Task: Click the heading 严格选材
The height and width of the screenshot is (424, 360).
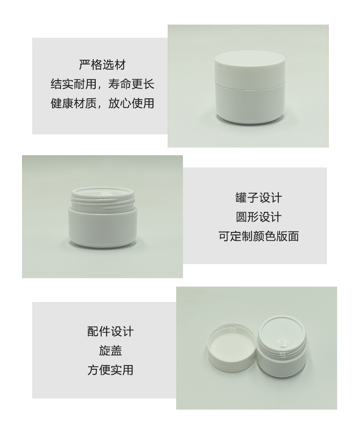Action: coord(102,65)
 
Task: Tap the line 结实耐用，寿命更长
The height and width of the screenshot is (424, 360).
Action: coord(102,84)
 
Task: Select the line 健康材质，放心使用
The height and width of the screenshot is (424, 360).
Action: coord(102,103)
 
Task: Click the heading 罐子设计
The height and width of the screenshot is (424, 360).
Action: coord(258,198)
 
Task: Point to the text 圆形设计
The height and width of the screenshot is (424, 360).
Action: coord(258,217)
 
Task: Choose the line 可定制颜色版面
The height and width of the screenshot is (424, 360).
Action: coord(258,236)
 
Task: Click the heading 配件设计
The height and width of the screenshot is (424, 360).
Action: coord(110,332)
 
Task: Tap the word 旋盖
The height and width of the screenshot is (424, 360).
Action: coord(110,351)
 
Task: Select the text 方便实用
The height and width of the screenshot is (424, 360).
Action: coord(110,370)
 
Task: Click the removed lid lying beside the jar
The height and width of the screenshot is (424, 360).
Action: coord(232,348)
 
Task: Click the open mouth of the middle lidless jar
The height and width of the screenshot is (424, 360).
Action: coord(103,193)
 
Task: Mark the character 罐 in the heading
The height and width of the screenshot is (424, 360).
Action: coord(241,198)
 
